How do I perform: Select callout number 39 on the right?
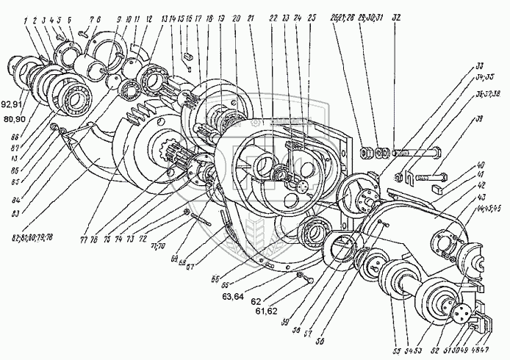click(480, 118)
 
